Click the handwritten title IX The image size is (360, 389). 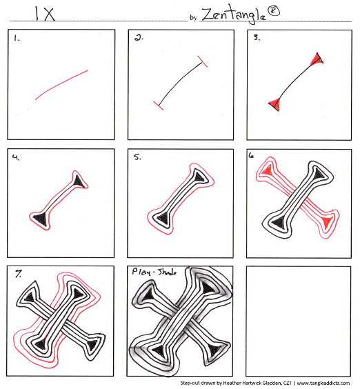45,14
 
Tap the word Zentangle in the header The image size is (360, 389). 234,15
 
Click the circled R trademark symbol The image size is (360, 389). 274,11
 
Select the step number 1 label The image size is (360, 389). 17,38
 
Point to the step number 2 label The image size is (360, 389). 139,38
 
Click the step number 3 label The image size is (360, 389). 257,37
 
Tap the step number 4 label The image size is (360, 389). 16,157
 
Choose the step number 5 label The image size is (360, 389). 137,157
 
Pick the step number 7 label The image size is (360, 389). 19,274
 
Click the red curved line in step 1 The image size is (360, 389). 61,84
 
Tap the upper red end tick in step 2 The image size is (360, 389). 203,61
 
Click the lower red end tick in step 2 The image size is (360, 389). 159,106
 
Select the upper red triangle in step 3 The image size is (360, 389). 317,59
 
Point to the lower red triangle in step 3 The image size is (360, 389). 275,104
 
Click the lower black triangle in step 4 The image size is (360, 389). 41,219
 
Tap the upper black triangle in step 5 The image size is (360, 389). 199,177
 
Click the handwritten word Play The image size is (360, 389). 141,272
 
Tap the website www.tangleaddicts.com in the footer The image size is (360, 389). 323,383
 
